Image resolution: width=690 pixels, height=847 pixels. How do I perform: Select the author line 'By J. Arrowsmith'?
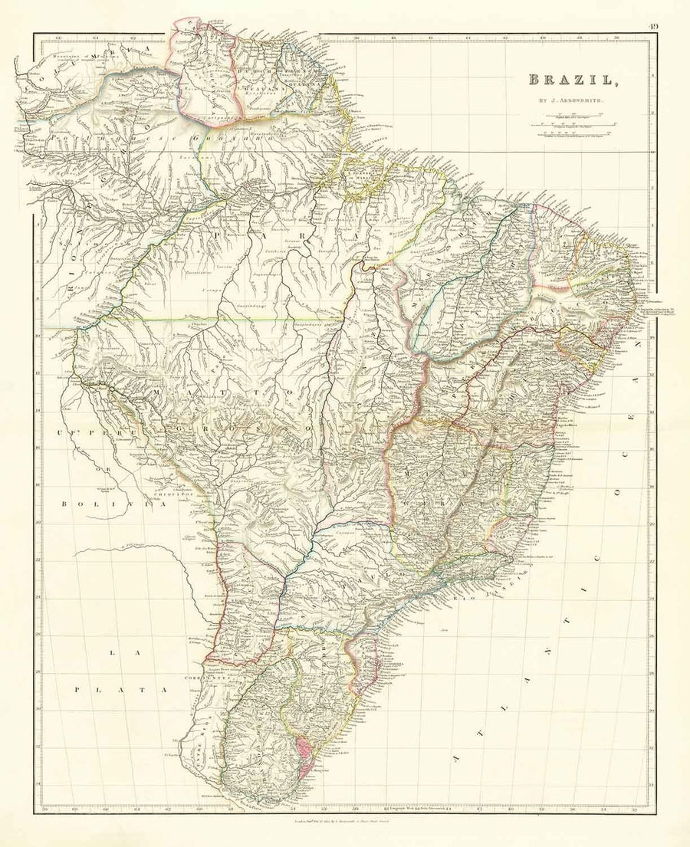[567, 98]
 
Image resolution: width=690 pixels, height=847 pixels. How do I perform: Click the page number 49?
[652, 27]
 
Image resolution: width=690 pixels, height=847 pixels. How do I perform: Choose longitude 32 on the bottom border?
[634, 810]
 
